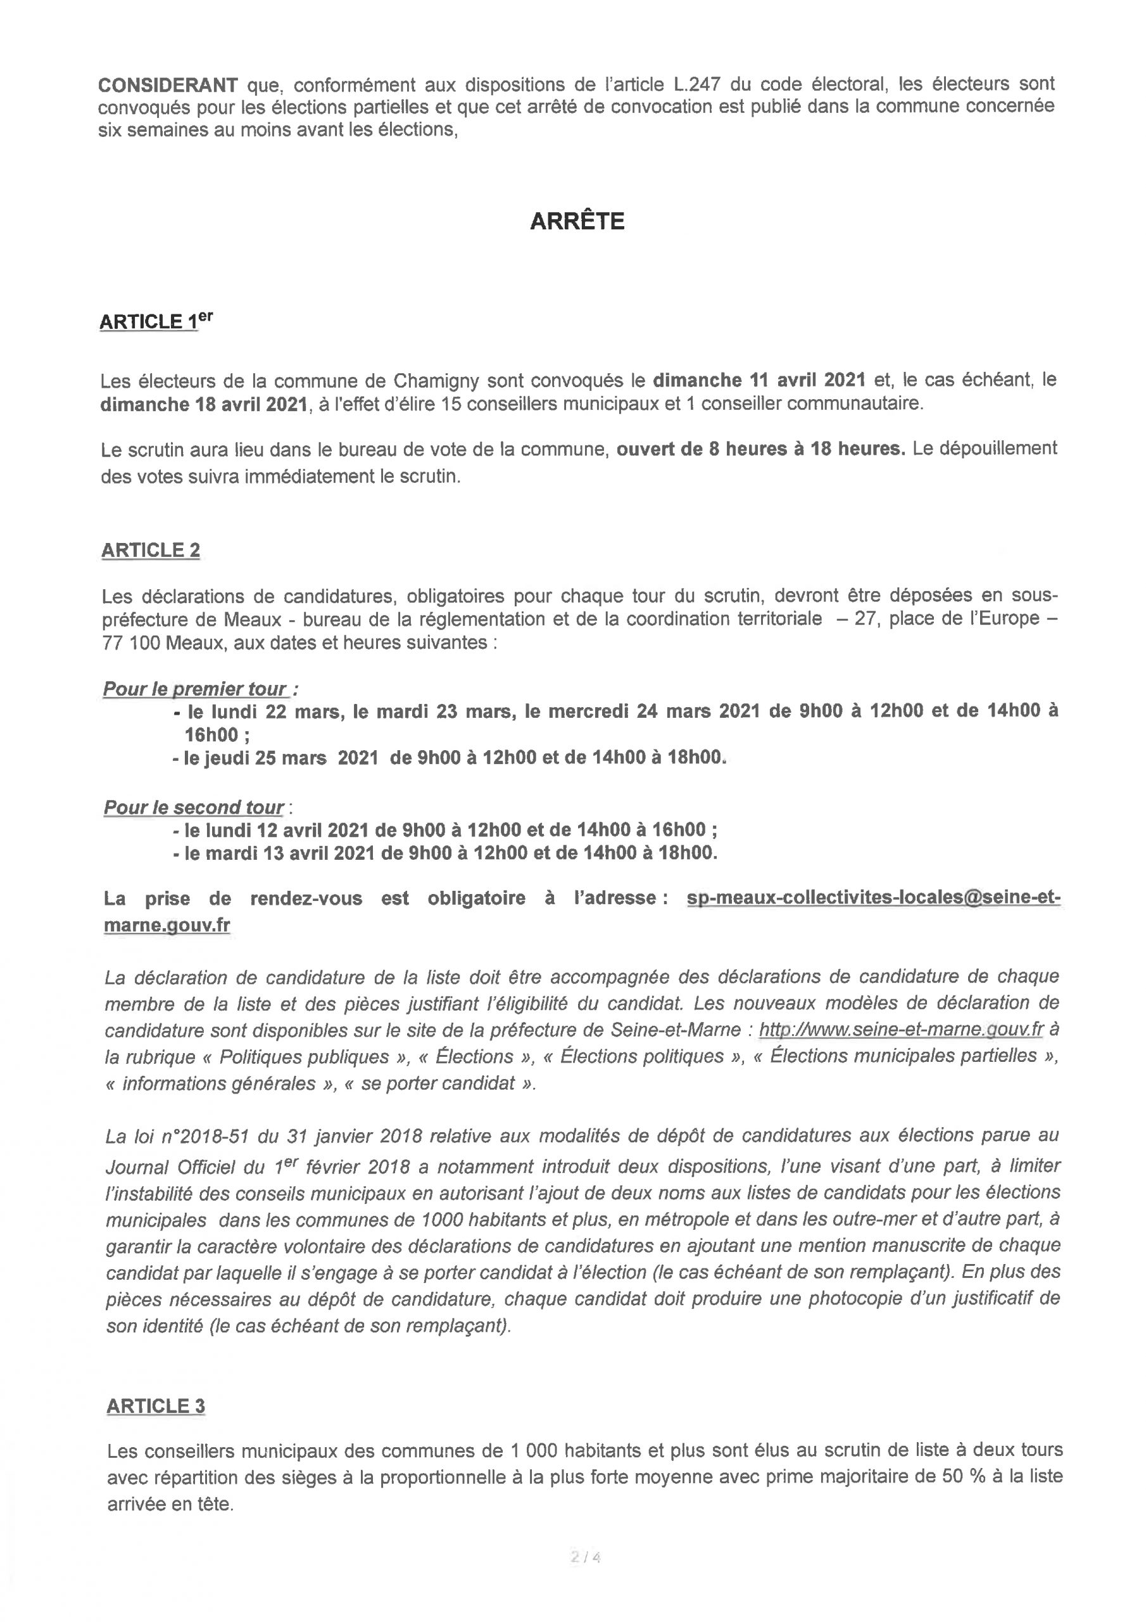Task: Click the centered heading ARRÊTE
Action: (577, 222)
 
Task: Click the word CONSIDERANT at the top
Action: (167, 86)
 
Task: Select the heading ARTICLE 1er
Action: (155, 321)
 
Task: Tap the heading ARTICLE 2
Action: (151, 551)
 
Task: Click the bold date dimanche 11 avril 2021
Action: (759, 380)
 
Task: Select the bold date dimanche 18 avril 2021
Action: (204, 405)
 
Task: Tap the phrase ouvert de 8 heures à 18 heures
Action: (760, 449)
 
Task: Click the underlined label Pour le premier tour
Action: (195, 689)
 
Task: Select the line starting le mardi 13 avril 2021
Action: (445, 853)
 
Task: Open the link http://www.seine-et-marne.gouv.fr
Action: (901, 1030)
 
